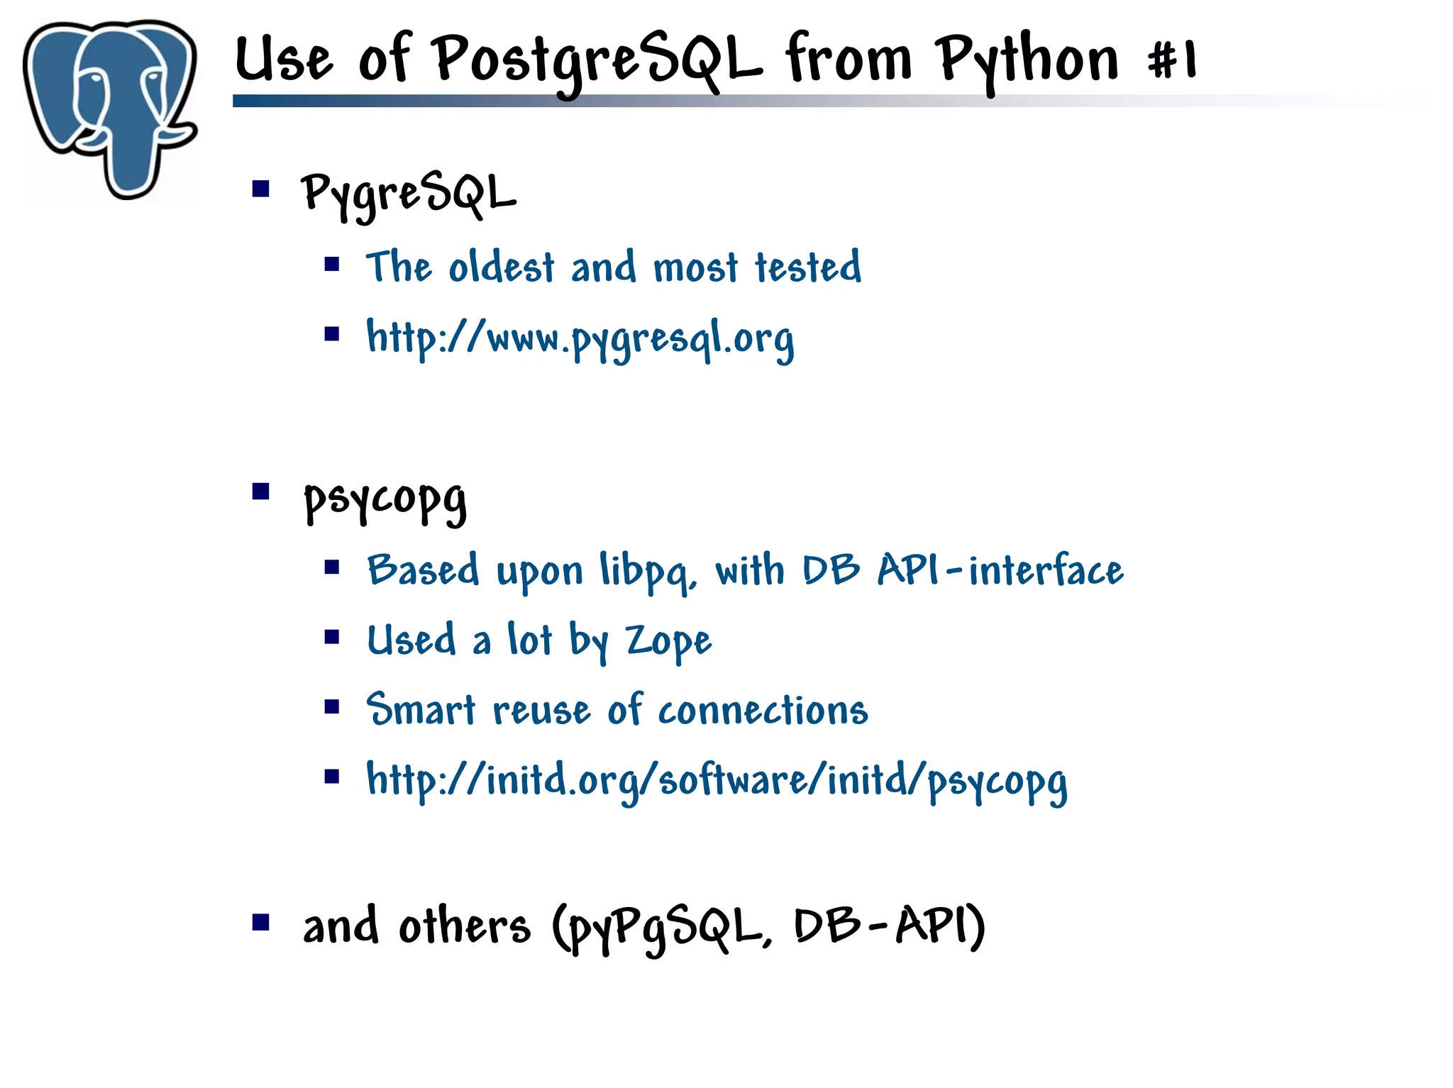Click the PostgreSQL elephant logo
point(110,106)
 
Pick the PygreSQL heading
point(409,194)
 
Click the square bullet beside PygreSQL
point(261,189)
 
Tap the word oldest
point(501,267)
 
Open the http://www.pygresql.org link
point(580,338)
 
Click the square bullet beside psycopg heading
point(261,492)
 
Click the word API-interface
point(1000,570)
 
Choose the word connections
point(763,710)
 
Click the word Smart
point(421,710)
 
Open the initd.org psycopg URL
point(717,780)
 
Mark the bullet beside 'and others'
point(261,921)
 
